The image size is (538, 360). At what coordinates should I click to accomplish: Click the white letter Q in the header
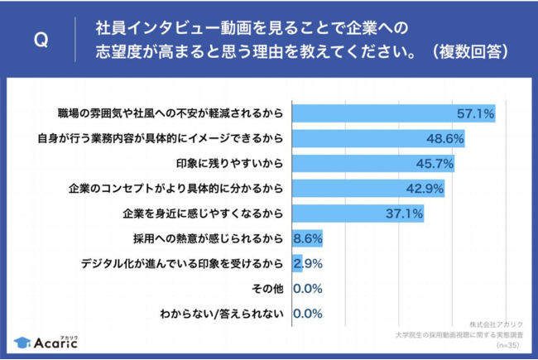(x=39, y=39)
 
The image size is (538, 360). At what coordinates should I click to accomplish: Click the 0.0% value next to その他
(x=308, y=289)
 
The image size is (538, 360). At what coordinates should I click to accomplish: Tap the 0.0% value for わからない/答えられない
(x=308, y=314)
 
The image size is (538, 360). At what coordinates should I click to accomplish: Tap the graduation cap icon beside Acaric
(x=19, y=342)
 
